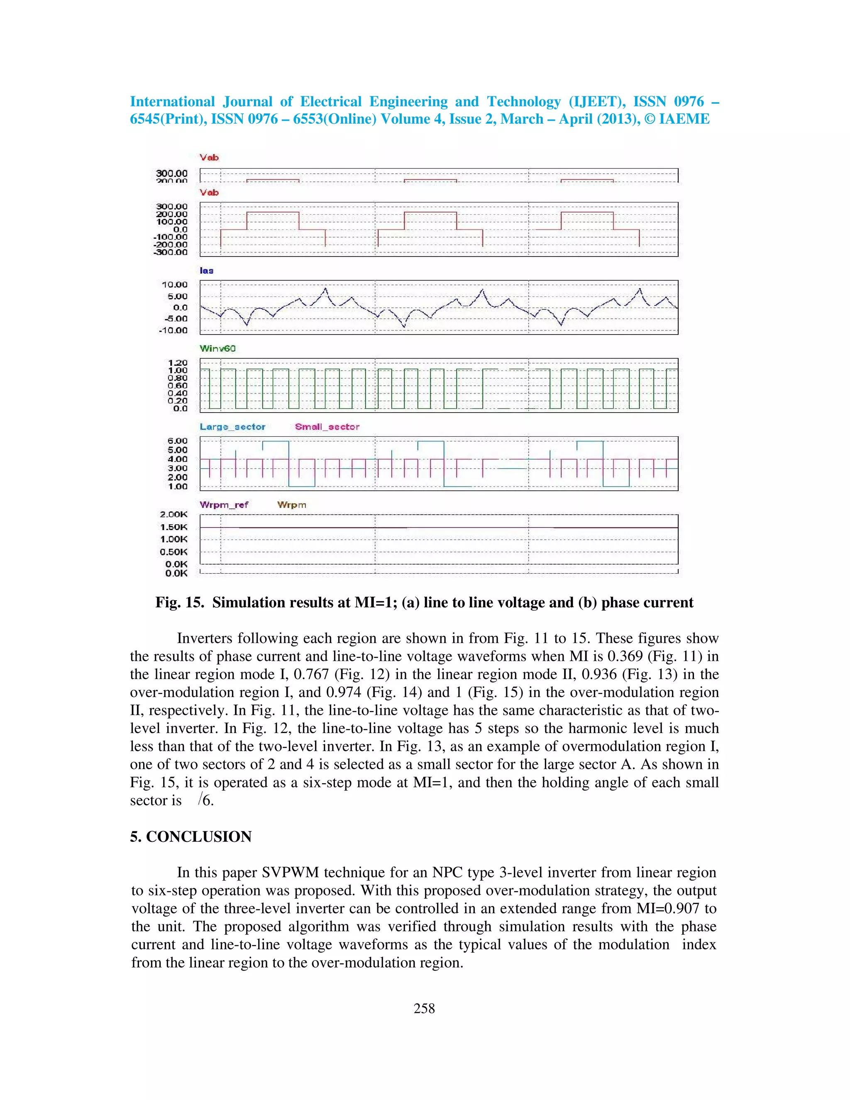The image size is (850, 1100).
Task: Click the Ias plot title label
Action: coord(206,271)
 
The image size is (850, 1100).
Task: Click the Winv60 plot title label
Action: coord(217,349)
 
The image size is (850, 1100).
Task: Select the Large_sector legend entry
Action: coord(232,427)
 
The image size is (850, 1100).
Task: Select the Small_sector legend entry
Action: coord(327,427)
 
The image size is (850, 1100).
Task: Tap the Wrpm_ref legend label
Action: coord(224,505)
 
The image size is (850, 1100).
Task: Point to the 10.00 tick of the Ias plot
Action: coord(174,285)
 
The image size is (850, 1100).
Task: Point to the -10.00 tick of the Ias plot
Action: coord(173,330)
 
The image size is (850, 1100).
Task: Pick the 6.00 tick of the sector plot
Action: coord(177,441)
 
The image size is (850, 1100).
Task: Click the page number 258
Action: coord(424,1008)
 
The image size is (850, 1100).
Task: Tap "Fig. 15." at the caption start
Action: coord(179,603)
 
